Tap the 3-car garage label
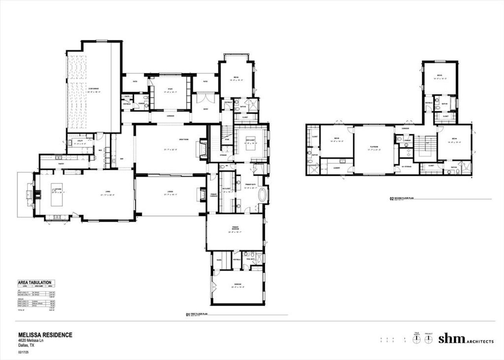(94, 92)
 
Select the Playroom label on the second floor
(374, 148)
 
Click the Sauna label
(219, 260)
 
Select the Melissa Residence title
(45, 335)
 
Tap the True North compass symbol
(415, 339)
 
